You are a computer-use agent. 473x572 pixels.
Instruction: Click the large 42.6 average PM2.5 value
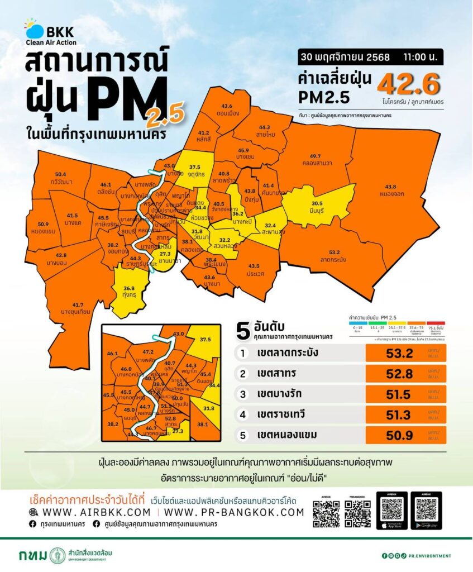tap(409, 85)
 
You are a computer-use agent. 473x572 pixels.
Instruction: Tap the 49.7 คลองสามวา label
tap(316, 159)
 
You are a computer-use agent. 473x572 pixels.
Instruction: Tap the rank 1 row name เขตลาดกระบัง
tap(289, 353)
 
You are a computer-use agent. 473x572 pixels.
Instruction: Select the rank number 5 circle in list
tap(242, 434)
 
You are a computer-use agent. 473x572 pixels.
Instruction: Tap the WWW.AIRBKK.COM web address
tap(89, 512)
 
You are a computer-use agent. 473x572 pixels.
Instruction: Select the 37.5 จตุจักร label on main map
tap(195, 170)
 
